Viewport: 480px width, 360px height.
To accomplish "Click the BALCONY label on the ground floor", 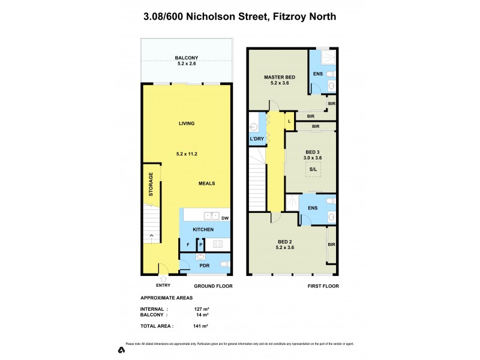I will point(187,58).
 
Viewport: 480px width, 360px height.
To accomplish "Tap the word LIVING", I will point(187,124).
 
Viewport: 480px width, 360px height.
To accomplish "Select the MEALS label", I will point(207,183).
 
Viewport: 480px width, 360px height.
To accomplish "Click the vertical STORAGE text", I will point(152,184).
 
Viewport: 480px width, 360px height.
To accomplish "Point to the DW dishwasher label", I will point(225,218).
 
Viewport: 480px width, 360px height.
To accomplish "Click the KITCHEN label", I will point(203,230).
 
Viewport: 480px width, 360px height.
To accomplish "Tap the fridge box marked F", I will point(188,244).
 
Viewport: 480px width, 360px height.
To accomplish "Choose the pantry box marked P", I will point(201,244).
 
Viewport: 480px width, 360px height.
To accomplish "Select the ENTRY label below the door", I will point(163,286).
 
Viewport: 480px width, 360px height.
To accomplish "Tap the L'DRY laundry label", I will point(257,139).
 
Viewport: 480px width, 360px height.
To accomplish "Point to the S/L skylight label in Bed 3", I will point(313,170).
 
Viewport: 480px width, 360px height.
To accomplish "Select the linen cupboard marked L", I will point(289,121).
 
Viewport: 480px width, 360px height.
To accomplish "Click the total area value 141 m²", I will point(200,326).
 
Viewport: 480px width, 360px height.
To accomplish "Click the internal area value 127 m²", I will point(200,309).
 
